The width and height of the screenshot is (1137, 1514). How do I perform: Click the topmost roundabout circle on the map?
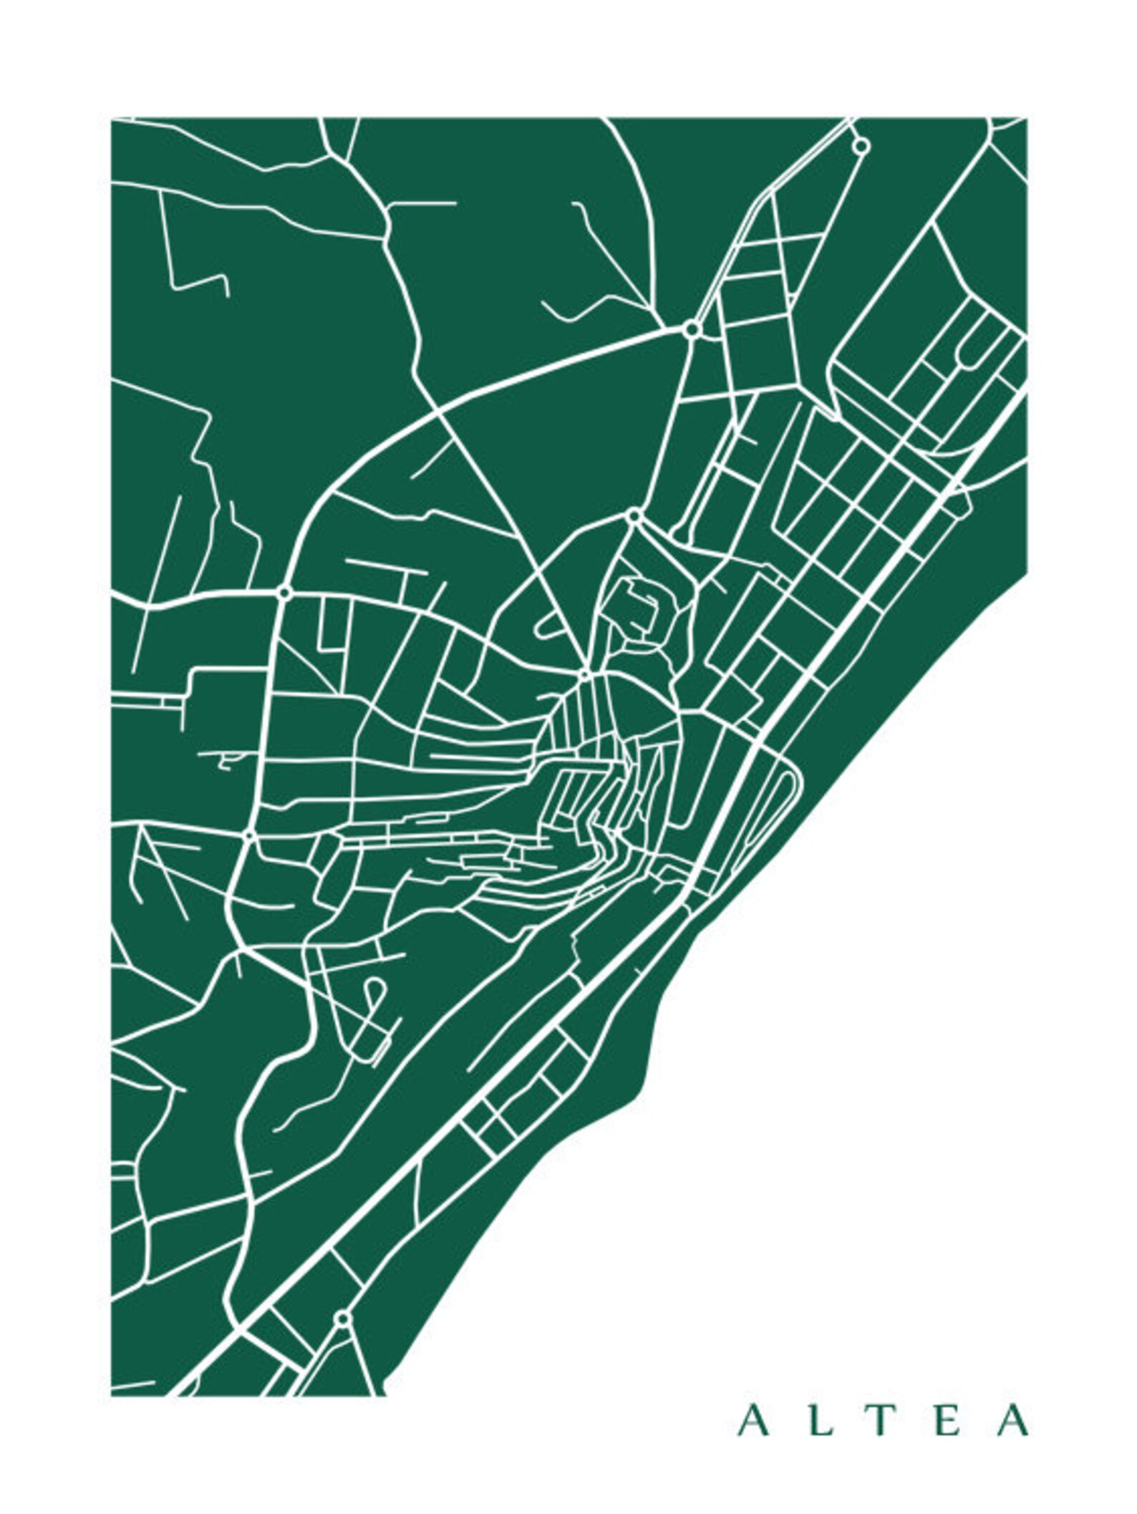point(861,146)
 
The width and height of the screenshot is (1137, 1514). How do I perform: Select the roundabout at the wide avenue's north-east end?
point(692,330)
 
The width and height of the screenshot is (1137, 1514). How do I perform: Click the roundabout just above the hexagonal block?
point(633,515)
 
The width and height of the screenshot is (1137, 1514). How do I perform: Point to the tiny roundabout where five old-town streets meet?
point(584,674)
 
